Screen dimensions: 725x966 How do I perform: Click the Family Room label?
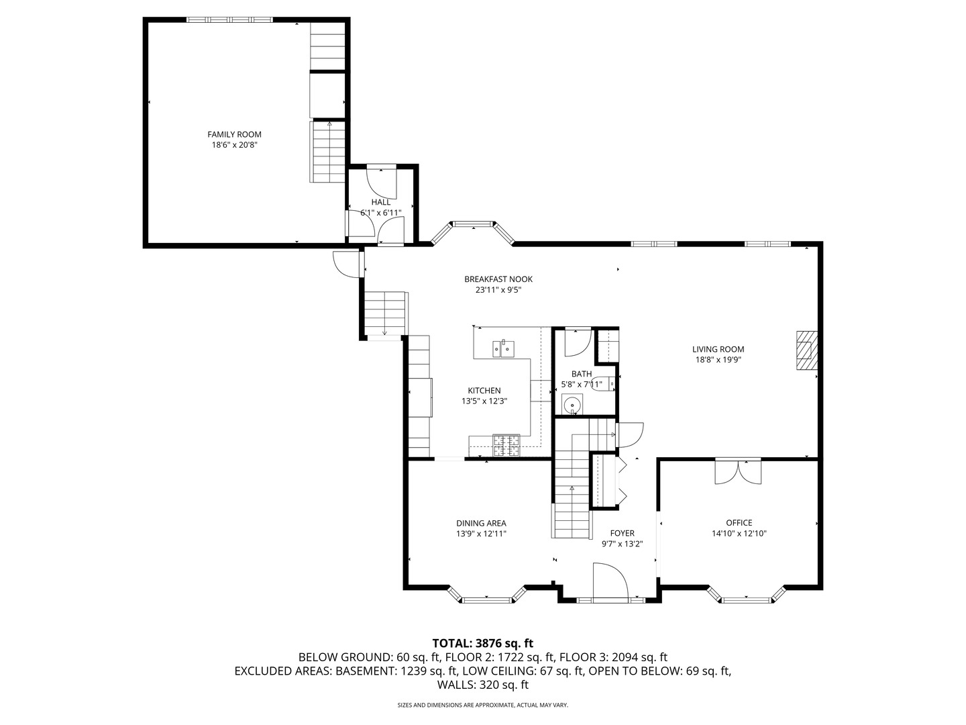pyautogui.click(x=234, y=134)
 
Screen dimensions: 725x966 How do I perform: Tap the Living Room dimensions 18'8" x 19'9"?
pyautogui.click(x=718, y=360)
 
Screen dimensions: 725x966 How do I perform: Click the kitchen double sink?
pyautogui.click(x=504, y=348)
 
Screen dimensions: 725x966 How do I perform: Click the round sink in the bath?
pyautogui.click(x=572, y=405)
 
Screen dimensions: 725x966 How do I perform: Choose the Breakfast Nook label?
pyautogui.click(x=498, y=279)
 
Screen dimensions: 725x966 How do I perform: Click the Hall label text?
pyautogui.click(x=380, y=202)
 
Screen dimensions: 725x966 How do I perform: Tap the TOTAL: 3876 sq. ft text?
pyautogui.click(x=482, y=643)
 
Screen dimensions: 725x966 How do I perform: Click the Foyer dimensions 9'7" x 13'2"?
pyautogui.click(x=622, y=544)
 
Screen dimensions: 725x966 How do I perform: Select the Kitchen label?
pyautogui.click(x=484, y=391)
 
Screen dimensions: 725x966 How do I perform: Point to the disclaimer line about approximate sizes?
pyautogui.click(x=482, y=705)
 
